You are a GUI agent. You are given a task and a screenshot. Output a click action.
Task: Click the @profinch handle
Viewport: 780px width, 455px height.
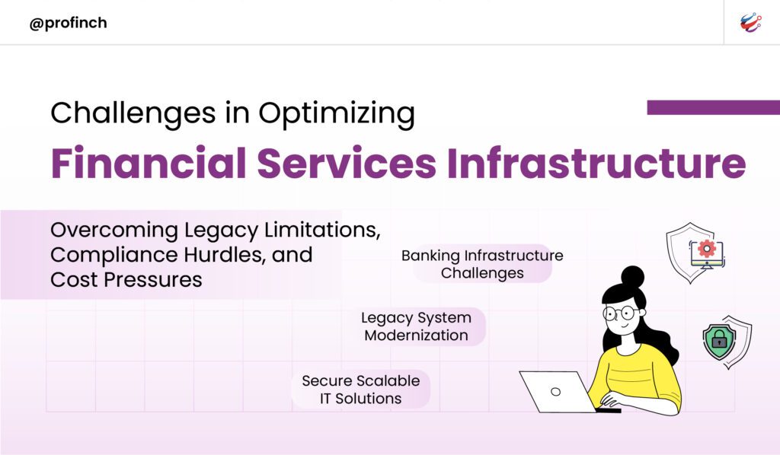click(x=68, y=24)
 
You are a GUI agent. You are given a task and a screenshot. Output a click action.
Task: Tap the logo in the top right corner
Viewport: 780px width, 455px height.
click(x=750, y=23)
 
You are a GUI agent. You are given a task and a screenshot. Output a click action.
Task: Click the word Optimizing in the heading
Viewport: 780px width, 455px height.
click(x=337, y=114)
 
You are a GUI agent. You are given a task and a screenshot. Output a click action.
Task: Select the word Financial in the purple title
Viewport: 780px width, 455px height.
click(x=149, y=163)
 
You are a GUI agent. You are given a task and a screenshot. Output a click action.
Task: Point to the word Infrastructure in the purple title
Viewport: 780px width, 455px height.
click(x=596, y=163)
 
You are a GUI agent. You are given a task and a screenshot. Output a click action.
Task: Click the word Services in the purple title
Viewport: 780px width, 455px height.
click(x=347, y=163)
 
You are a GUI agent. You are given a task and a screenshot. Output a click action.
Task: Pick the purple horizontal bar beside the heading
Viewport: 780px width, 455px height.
click(x=713, y=107)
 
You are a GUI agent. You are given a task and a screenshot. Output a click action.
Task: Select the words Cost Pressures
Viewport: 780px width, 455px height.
click(x=126, y=280)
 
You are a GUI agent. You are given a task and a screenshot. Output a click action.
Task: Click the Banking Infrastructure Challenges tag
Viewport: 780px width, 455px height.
click(x=482, y=264)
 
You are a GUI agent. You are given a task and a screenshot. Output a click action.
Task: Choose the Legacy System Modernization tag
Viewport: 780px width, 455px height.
click(x=417, y=326)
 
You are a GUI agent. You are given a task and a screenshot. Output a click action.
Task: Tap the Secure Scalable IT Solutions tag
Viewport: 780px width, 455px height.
click(x=360, y=390)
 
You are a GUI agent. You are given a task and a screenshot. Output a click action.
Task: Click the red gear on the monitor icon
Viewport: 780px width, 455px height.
click(x=706, y=248)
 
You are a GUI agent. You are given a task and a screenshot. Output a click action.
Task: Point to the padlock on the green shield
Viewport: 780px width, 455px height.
click(x=719, y=340)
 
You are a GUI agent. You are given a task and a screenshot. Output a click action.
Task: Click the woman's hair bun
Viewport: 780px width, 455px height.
click(x=632, y=275)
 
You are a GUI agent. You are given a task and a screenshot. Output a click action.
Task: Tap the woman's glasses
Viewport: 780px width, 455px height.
click(x=621, y=313)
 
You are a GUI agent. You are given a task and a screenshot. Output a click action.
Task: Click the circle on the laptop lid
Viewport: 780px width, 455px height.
click(x=555, y=392)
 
